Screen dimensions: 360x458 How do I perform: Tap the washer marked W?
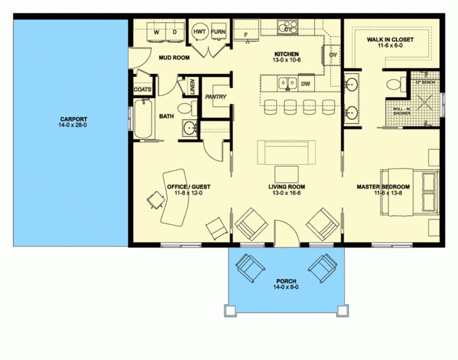coord(156,32)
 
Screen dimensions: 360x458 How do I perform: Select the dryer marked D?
coord(175,32)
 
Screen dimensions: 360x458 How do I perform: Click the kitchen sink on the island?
coord(287,83)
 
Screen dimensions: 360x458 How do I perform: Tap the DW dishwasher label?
coord(306,83)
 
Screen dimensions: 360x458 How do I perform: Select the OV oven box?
coord(333,55)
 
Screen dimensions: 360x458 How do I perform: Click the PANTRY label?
coord(213,97)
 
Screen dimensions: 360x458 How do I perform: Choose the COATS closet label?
coord(143,90)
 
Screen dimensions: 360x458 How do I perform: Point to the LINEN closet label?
coord(192,86)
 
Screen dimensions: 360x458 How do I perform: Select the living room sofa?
coord(287,152)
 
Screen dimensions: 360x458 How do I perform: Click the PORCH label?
coord(286,284)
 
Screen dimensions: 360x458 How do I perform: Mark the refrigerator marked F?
coord(246,34)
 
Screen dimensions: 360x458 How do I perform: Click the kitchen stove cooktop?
coord(289,26)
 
